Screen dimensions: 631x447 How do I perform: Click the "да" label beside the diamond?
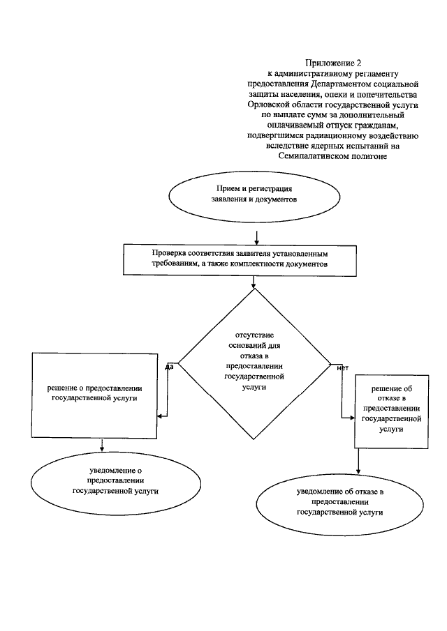tap(169, 366)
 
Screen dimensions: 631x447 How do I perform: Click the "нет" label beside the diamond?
tap(342, 367)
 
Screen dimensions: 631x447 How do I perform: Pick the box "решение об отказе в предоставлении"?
tap(390, 411)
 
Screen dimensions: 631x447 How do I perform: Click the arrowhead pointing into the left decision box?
tap(161, 416)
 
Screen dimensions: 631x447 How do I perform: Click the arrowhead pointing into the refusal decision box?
tap(351, 417)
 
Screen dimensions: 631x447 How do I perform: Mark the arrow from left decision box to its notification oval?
tap(103, 445)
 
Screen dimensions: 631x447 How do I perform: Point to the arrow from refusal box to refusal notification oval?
tap(358, 460)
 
